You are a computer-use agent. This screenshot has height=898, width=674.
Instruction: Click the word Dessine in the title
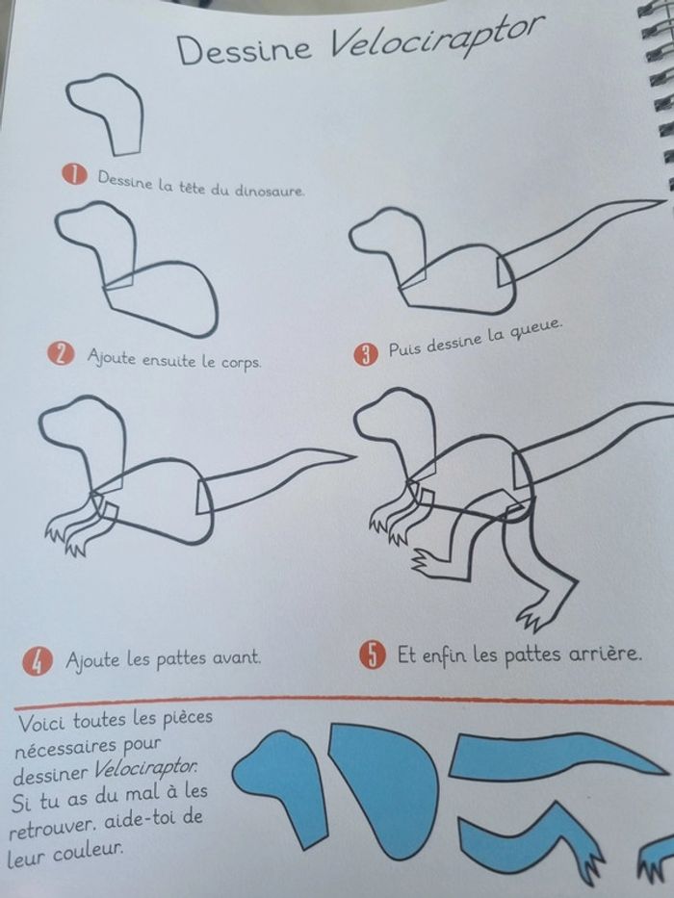click(245, 49)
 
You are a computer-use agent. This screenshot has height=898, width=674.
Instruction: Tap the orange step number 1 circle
click(75, 174)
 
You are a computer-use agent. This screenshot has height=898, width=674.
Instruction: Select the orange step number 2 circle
click(62, 354)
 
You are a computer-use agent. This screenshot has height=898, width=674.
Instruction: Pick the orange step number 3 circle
click(366, 354)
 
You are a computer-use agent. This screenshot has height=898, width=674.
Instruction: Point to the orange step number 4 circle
click(38, 661)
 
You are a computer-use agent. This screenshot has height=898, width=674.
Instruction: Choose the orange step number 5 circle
click(374, 654)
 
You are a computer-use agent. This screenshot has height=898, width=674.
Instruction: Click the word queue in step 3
click(535, 330)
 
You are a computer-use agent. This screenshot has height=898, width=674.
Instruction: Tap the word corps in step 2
click(241, 363)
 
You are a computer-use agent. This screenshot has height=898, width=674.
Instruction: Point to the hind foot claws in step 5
click(533, 619)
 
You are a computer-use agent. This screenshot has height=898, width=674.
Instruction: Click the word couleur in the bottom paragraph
click(89, 853)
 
